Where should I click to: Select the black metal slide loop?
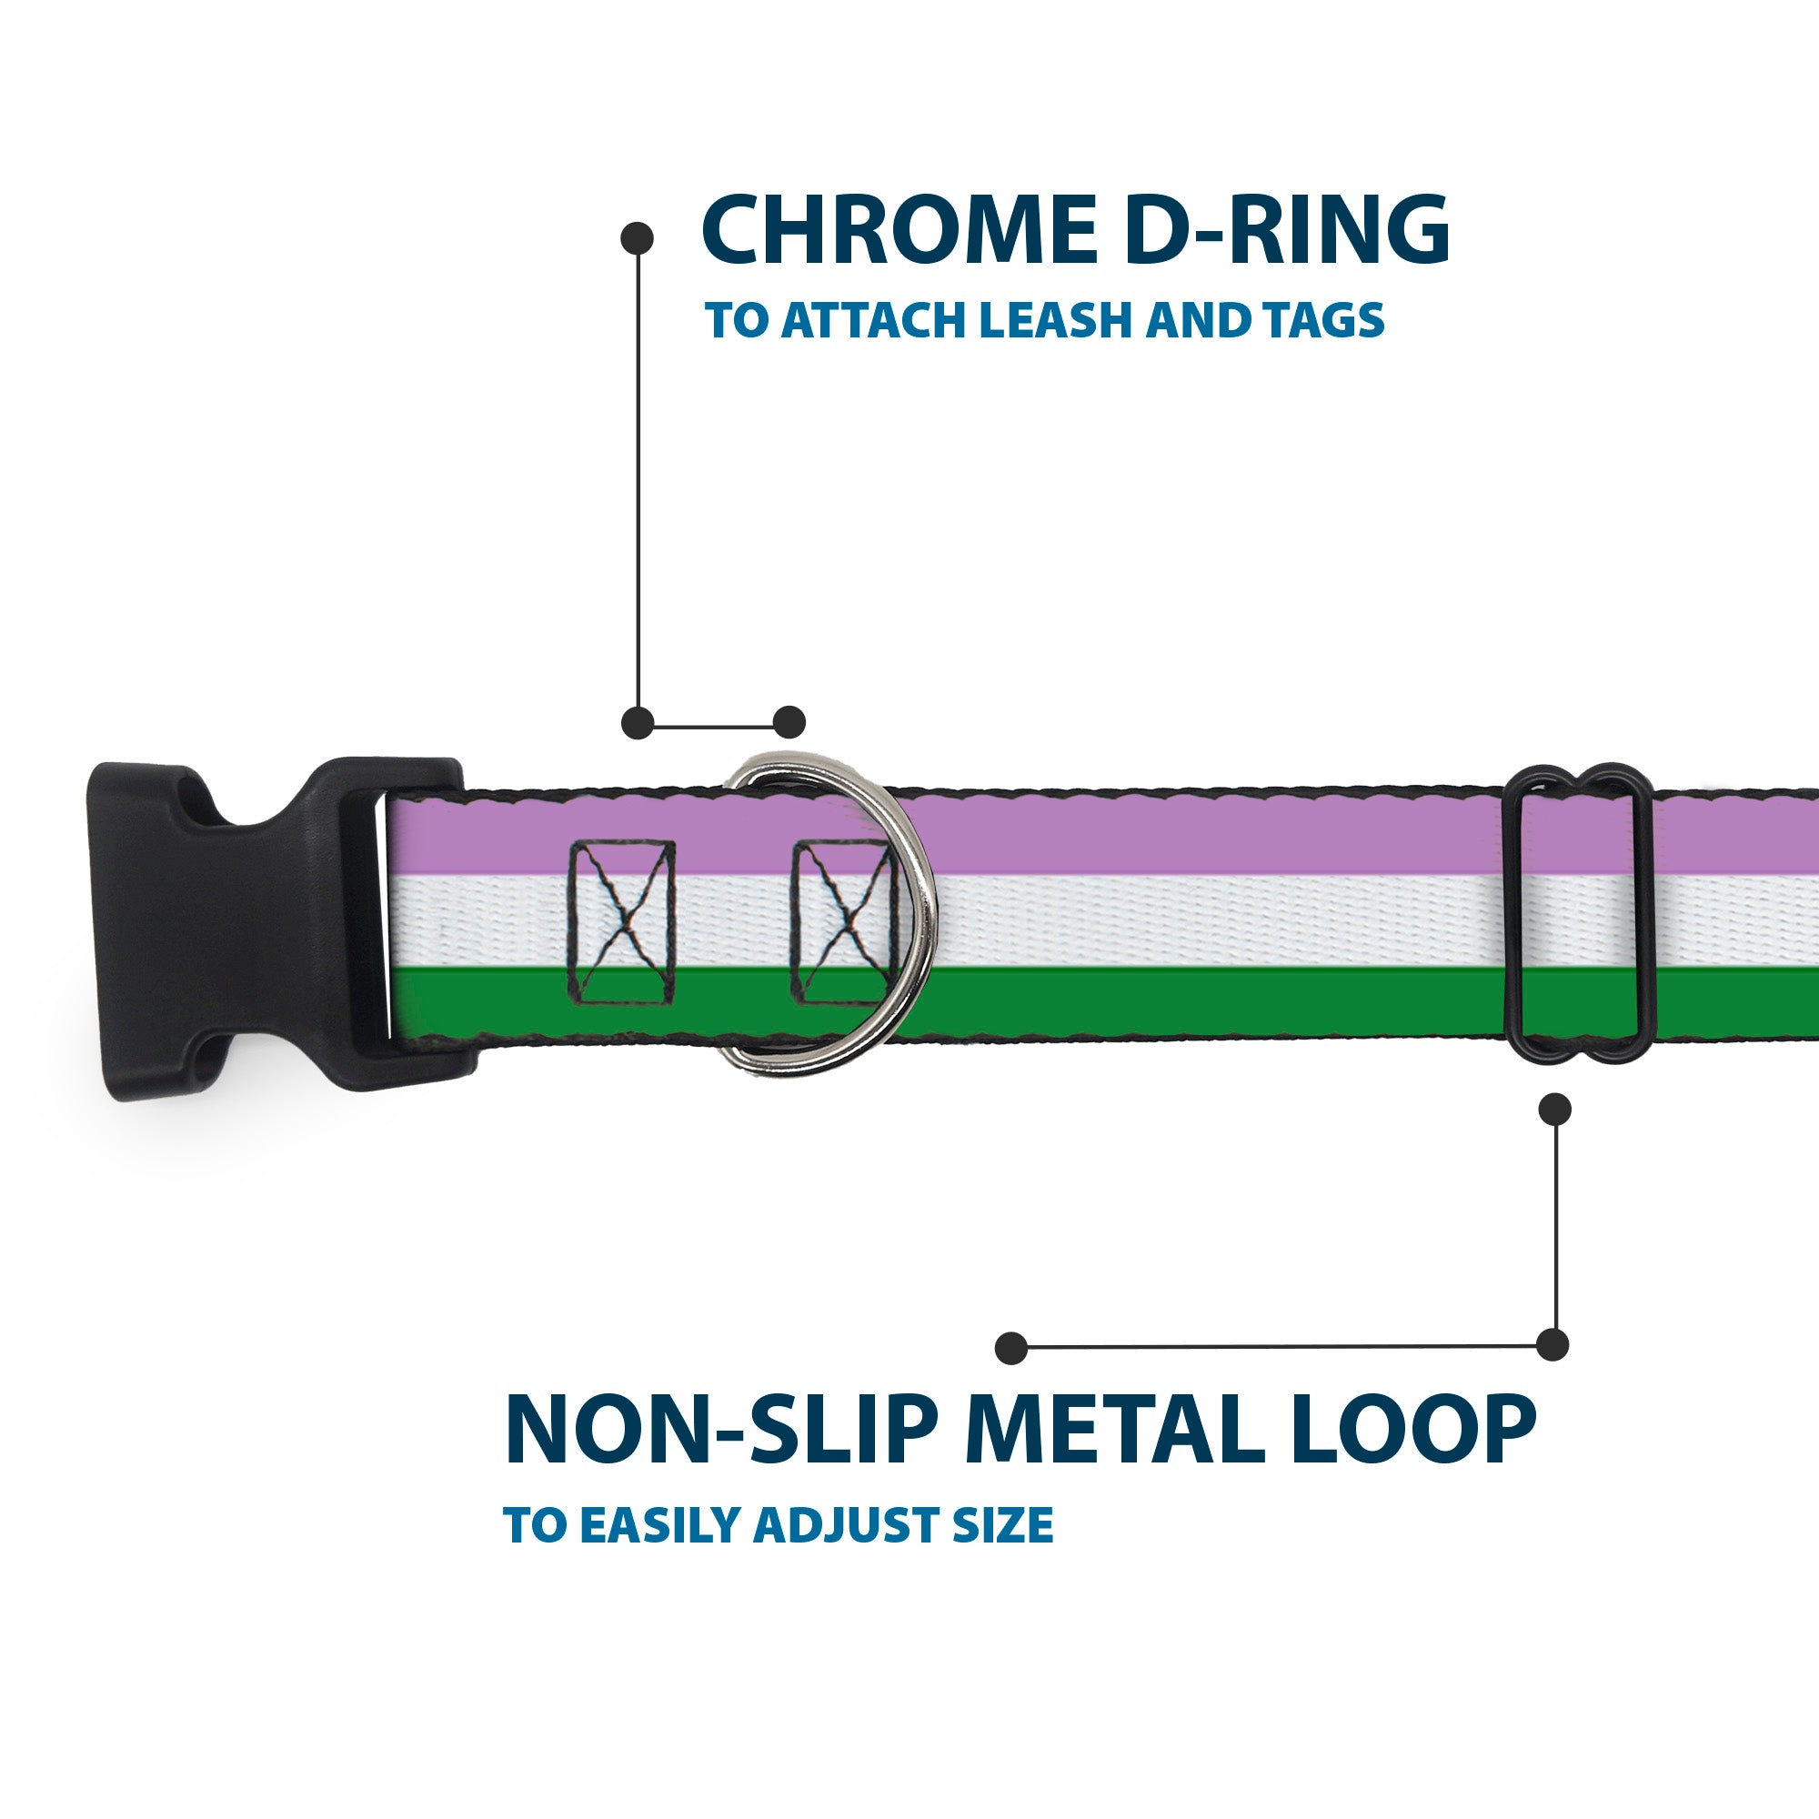pyautogui.click(x=1580, y=911)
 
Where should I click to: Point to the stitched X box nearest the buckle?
pyautogui.click(x=622, y=920)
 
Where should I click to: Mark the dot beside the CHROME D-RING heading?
pyautogui.click(x=638, y=238)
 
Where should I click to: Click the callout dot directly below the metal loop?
pyautogui.click(x=1554, y=1109)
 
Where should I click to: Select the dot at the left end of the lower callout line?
pyautogui.click(x=1011, y=1347)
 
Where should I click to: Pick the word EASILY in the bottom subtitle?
pyautogui.click(x=665, y=1525)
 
